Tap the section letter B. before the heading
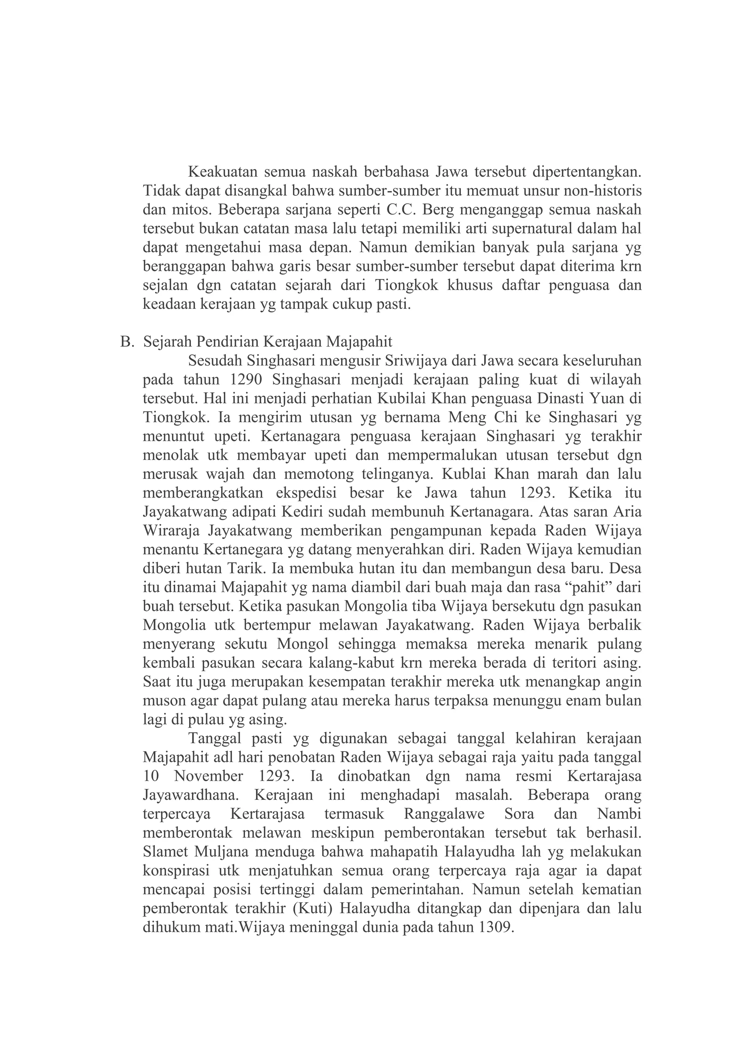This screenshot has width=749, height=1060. [x=127, y=342]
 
